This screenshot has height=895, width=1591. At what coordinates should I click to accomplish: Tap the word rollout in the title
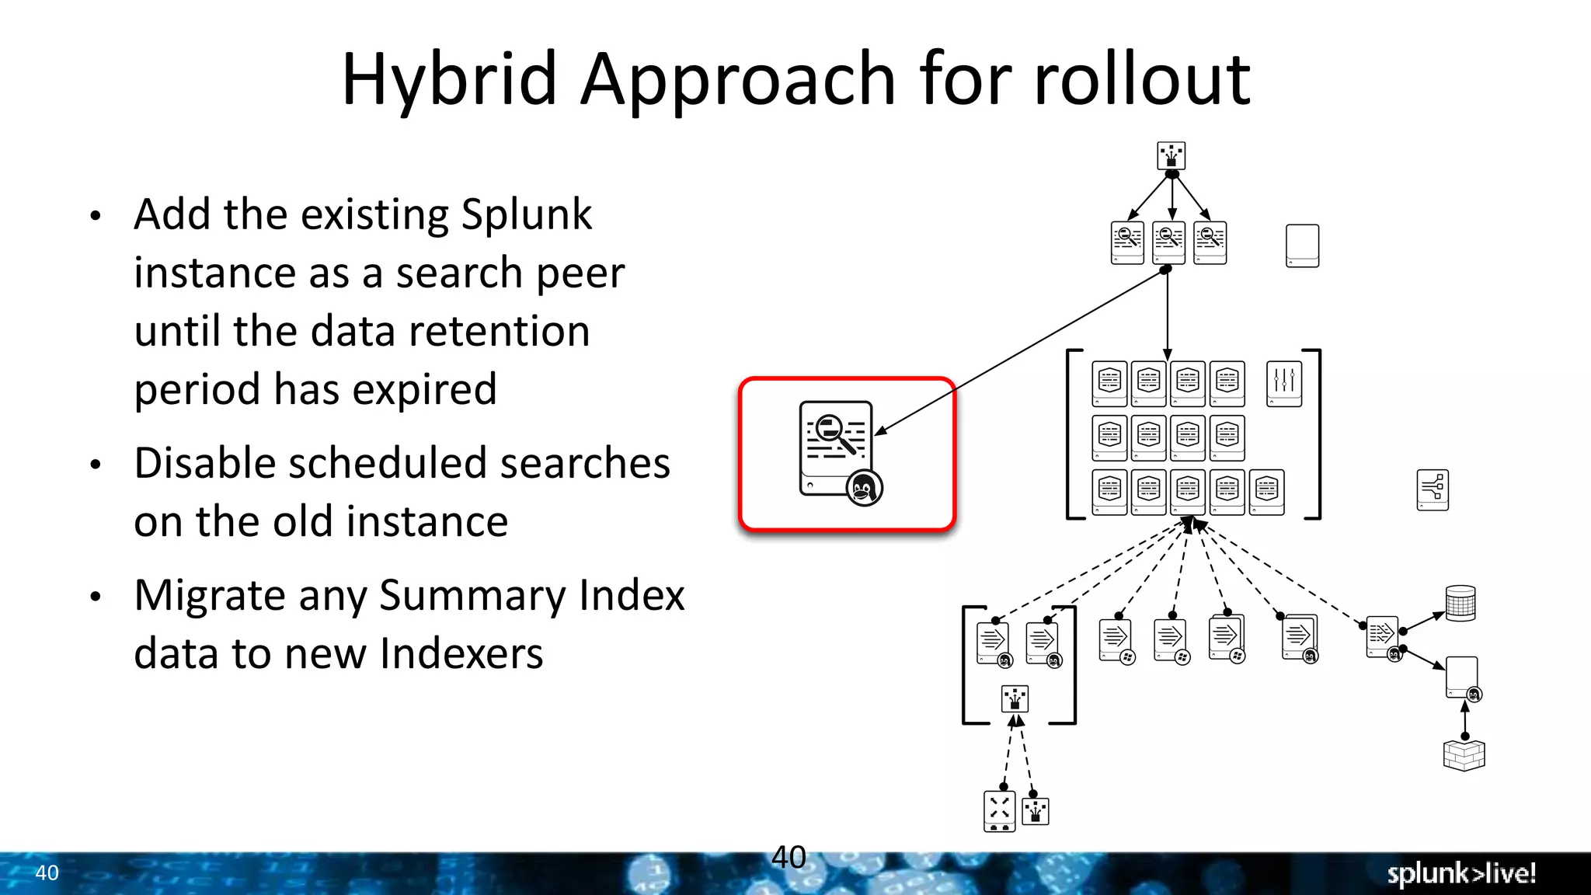point(1142,79)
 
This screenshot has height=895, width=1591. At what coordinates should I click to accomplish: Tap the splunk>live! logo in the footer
point(1461,873)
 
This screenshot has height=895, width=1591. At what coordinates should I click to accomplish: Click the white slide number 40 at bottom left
point(47,873)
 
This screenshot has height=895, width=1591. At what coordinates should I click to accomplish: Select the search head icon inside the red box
point(836,447)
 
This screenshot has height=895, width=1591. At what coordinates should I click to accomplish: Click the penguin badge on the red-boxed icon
point(864,488)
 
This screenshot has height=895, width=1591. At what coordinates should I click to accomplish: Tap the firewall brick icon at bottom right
point(1464,754)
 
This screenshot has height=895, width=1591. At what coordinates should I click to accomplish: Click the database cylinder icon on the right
point(1460,603)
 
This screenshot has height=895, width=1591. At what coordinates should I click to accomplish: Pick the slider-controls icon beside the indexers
point(1284,383)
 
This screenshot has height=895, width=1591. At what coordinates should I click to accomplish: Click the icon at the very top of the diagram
point(1171,155)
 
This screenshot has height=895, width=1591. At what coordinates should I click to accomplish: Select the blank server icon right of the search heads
point(1302,246)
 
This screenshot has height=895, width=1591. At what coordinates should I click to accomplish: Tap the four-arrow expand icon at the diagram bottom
point(999,810)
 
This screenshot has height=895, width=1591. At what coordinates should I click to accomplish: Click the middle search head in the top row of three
point(1168,242)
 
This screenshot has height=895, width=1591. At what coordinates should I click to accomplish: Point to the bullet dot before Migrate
point(96,597)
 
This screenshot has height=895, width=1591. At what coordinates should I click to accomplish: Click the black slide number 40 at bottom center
point(789,858)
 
